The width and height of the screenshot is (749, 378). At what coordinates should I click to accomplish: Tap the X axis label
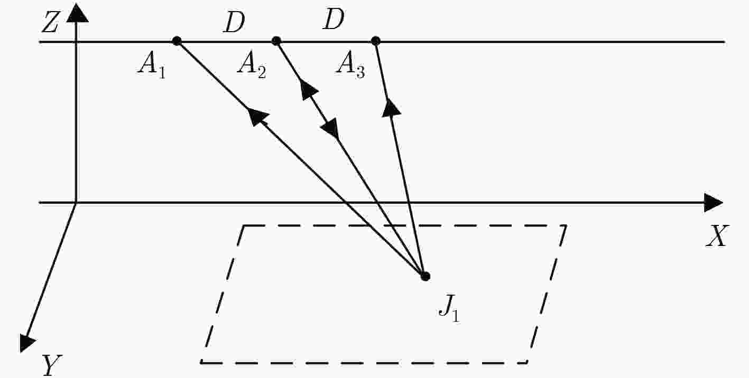coord(717,236)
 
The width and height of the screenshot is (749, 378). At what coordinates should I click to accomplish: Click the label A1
coord(152,65)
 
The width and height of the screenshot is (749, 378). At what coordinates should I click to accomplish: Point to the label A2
coord(252,65)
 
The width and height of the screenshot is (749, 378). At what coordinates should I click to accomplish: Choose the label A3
coord(350,65)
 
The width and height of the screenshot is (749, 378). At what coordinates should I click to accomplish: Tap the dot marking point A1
coord(177,41)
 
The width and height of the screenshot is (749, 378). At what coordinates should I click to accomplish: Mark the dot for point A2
coord(275,41)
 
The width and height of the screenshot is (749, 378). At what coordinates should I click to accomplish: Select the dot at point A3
coord(375,41)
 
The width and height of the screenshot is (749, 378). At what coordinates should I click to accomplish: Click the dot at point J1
coord(425,276)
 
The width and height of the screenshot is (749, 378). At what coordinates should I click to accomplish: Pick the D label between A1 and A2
coord(234,23)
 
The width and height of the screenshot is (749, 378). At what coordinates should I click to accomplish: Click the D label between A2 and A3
coord(334,20)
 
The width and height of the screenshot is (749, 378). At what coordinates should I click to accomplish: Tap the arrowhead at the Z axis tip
coord(77,13)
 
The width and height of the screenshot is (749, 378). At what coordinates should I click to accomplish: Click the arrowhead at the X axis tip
coord(713,202)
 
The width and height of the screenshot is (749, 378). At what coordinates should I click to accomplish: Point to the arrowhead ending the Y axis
coord(27,343)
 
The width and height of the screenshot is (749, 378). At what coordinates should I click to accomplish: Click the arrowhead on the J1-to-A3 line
coord(391,108)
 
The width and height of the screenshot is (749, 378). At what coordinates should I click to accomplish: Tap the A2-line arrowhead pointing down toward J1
coord(331,129)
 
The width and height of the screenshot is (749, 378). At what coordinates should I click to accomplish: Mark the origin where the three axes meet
coord(77,202)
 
